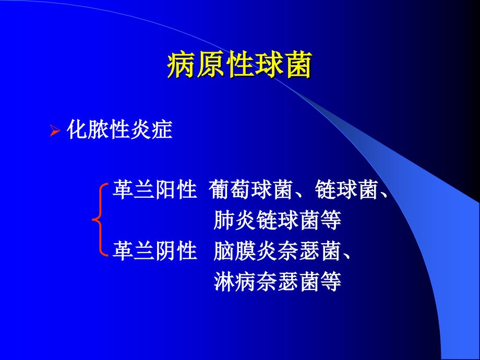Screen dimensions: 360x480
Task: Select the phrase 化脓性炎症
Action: [120, 130]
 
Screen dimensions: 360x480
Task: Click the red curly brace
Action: [99, 220]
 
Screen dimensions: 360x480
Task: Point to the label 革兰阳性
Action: [154, 191]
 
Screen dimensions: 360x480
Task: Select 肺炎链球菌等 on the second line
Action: [278, 221]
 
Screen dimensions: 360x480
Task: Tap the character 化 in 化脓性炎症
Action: [78, 130]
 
